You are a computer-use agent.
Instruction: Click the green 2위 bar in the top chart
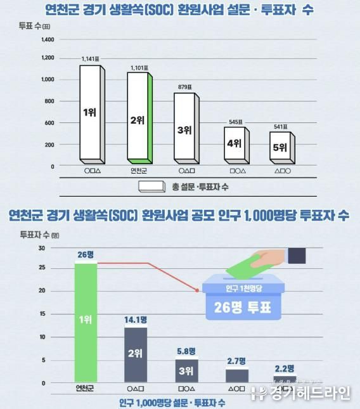(138, 117)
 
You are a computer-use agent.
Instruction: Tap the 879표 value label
(186, 88)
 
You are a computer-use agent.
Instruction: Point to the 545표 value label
(234, 121)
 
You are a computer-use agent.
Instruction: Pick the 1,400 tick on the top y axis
(48, 39)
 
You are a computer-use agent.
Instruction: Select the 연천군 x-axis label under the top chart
(139, 171)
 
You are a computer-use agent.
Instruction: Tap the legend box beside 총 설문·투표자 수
(151, 186)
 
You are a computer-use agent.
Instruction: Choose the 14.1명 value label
(136, 320)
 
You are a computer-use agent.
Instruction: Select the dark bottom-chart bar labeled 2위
(136, 354)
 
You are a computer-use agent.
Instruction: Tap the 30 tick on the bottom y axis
(41, 248)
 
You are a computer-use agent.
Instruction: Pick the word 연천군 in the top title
(61, 10)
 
